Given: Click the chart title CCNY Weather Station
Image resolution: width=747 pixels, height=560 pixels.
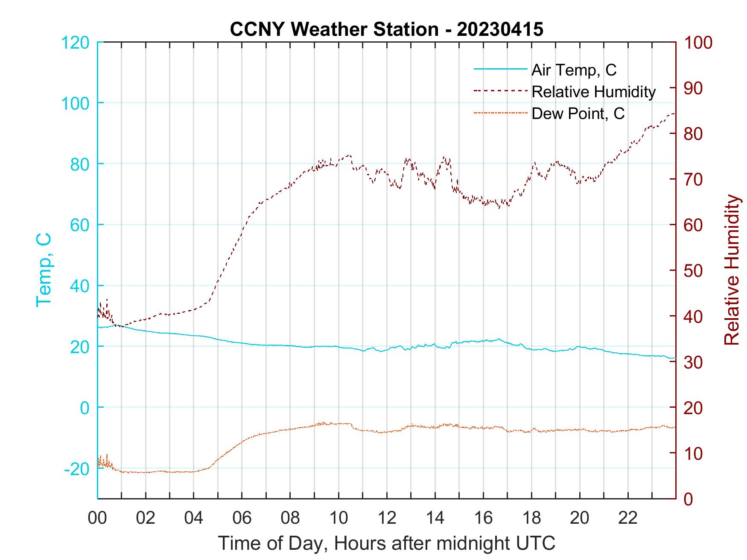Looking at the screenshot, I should pyautogui.click(x=334, y=29).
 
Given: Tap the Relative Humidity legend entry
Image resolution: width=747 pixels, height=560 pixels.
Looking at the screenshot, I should pyautogui.click(x=593, y=92).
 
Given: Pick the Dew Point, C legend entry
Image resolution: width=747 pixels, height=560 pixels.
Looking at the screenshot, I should pyautogui.click(x=578, y=114).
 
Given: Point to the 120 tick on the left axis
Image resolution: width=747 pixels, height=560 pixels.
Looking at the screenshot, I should pyautogui.click(x=76, y=43).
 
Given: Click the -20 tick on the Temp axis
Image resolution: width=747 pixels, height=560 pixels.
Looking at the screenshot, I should pyautogui.click(x=77, y=469).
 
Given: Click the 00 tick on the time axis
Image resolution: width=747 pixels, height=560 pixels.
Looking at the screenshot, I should pyautogui.click(x=97, y=518).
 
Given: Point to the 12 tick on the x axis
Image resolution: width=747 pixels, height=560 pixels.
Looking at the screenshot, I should pyautogui.click(x=387, y=518).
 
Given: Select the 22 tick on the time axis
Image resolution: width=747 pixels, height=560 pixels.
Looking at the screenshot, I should pyautogui.click(x=628, y=518).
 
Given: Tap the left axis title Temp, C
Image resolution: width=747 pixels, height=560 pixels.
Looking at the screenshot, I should pyautogui.click(x=44, y=270).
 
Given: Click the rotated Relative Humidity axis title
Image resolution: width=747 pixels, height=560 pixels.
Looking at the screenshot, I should pyautogui.click(x=732, y=270).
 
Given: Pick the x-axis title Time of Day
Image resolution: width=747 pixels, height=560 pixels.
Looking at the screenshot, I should pyautogui.click(x=387, y=544).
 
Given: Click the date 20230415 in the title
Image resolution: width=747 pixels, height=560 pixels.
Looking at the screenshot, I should pyautogui.click(x=500, y=29).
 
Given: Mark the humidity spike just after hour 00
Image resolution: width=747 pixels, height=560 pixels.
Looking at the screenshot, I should pyautogui.click(x=106, y=300).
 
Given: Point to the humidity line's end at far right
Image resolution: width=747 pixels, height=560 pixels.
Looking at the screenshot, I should pyautogui.click(x=674, y=113).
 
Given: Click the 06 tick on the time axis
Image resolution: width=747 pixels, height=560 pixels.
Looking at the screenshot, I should pyautogui.click(x=242, y=518).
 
